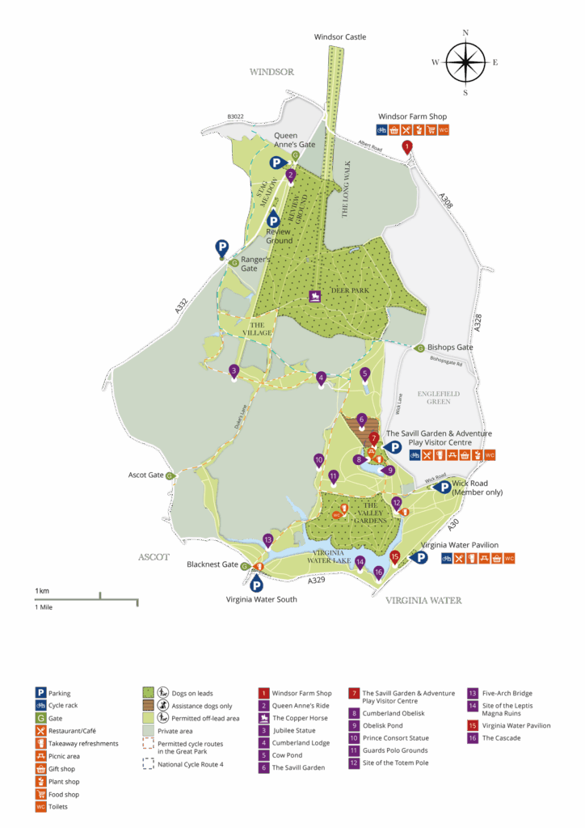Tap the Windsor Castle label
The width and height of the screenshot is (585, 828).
click(340, 38)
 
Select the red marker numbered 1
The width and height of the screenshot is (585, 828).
click(407, 147)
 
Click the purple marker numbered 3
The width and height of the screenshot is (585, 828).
click(234, 371)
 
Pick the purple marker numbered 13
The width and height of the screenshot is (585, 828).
click(268, 539)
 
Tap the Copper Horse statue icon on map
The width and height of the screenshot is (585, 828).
click(315, 296)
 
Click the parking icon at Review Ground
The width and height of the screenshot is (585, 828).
click(273, 218)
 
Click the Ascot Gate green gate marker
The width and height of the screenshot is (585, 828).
click(170, 475)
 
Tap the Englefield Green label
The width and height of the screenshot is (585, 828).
click(439, 397)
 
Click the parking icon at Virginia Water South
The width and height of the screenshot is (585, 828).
click(256, 585)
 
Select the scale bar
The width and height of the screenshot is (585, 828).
click(86, 600)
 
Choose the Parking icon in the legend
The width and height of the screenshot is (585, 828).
click(40, 693)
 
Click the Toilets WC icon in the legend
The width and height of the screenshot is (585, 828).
click(40, 807)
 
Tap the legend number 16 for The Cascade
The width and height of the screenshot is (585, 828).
click(472, 738)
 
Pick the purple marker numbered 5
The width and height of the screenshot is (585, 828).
click(365, 374)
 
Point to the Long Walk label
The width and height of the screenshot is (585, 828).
click(345, 189)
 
